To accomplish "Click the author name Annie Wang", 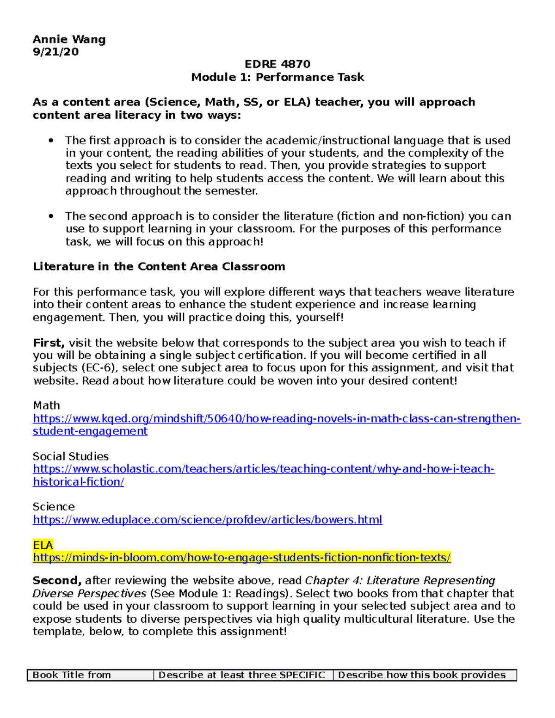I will point(69,39).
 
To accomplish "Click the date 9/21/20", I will point(55,52).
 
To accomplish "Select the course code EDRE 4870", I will point(277,64).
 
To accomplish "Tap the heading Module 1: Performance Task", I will point(277,77).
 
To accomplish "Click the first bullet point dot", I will point(51,141).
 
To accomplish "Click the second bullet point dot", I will point(51,216).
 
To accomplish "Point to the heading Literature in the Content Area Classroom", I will point(159,266).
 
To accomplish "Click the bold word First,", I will point(49,343).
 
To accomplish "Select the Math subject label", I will point(46,405).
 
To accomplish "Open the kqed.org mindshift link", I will point(276,418).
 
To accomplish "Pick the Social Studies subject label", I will point(70,456).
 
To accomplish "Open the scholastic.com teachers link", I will point(263,469).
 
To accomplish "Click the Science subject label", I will point(53,507).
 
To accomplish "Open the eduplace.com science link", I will point(207,520).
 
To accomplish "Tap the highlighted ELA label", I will point(43,545).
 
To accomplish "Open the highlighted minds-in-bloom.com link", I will point(241,558).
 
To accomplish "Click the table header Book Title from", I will point(72,675).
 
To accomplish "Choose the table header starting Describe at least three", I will point(241,675).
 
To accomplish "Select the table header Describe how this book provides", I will point(421,675).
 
